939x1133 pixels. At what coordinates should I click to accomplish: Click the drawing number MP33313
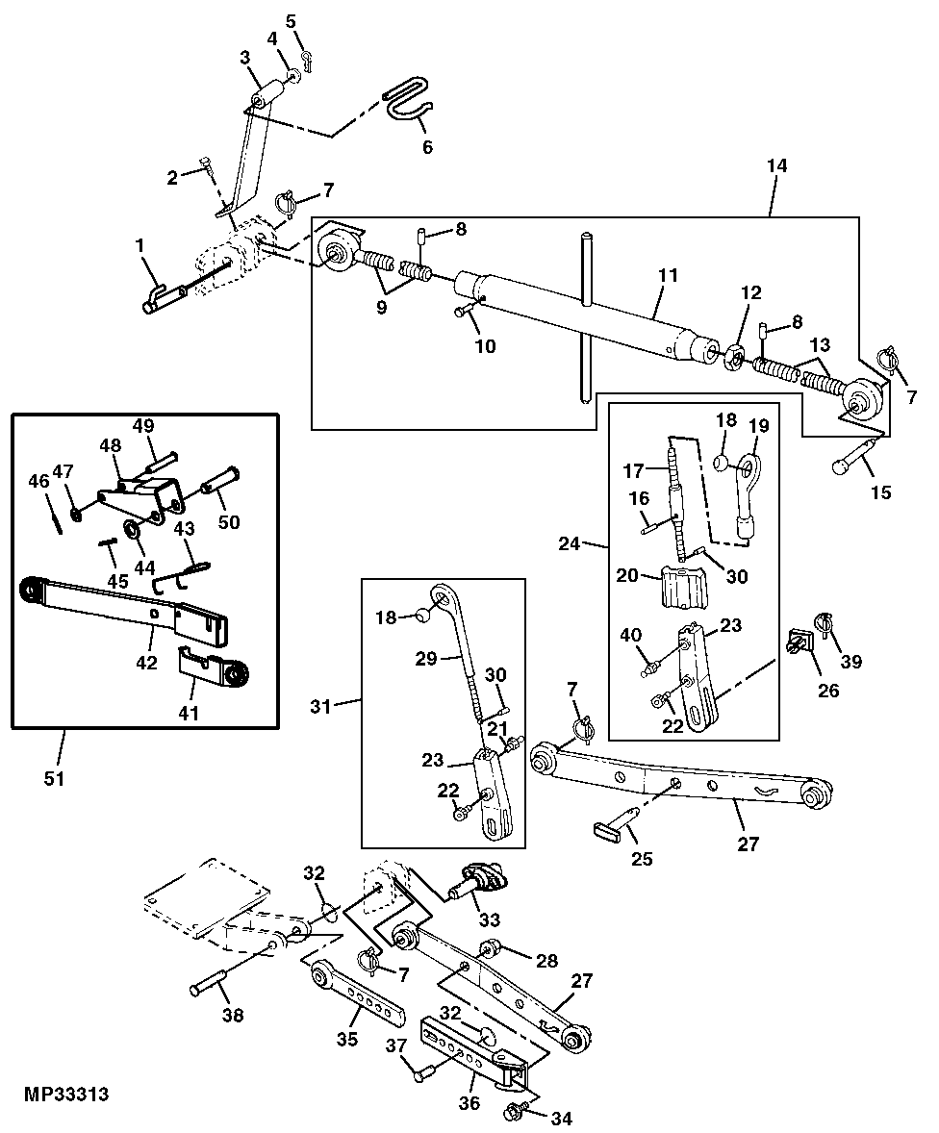pos(66,1094)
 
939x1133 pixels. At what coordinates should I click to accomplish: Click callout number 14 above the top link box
pos(776,165)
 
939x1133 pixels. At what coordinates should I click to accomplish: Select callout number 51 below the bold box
pos(54,779)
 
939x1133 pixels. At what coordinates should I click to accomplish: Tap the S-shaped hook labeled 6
pos(409,105)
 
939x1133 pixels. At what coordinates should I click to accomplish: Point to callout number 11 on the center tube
pos(668,274)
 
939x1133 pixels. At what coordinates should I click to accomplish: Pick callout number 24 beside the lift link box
pos(569,542)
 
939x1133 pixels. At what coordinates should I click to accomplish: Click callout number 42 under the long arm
pos(147,662)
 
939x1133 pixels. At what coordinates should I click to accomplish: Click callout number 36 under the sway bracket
pos(469,1103)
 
